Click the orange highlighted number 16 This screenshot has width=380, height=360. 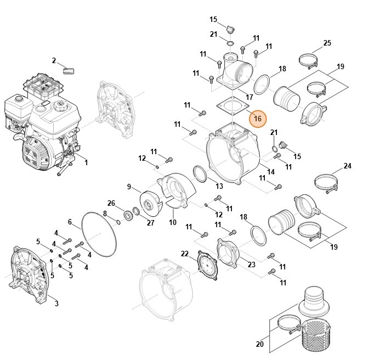(257, 119)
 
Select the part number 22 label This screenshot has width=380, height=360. (185, 254)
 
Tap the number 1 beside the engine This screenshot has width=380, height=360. (86, 162)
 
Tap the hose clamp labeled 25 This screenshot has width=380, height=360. (308, 61)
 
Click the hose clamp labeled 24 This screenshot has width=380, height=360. (326, 183)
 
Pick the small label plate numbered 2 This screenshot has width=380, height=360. (69, 71)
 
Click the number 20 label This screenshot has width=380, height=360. (260, 344)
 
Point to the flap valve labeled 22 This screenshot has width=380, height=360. (207, 265)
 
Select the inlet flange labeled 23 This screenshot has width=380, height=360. (228, 253)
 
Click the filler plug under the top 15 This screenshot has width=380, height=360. (230, 30)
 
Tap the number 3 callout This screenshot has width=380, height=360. (56, 303)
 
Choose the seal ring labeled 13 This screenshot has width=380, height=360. (200, 173)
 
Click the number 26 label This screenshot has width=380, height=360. (111, 203)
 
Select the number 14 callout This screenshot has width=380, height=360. (271, 172)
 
